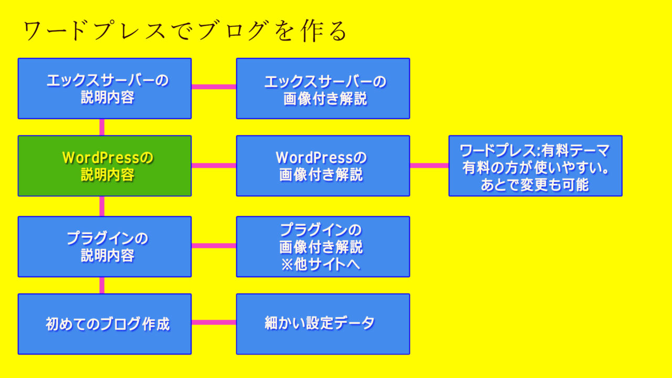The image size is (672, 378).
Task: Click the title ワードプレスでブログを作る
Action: pos(185,31)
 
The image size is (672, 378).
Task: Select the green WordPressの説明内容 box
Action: pos(104,166)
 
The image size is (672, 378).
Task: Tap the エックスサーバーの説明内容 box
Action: pos(104,88)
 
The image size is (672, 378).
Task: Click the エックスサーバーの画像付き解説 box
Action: pos(323,88)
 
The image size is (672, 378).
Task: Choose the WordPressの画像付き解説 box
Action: pos(323,166)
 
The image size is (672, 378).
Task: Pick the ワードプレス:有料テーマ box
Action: pos(535,166)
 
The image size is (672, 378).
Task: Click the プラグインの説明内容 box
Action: pos(104,246)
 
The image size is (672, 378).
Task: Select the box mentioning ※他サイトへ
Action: pos(323,246)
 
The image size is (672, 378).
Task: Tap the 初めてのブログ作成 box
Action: pos(104,324)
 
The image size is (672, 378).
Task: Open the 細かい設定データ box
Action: pos(323,324)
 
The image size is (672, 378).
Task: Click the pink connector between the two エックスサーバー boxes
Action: pos(214,87)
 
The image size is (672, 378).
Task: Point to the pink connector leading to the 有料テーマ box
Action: pos(429,165)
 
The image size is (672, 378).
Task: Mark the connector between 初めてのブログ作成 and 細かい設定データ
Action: pos(214,322)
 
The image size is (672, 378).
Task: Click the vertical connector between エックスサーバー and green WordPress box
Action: pos(102,127)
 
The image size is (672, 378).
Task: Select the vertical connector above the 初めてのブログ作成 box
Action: pos(102,285)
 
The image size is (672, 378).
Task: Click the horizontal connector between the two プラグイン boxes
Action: pos(214,245)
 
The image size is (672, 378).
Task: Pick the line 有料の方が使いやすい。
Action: pos(535,168)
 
